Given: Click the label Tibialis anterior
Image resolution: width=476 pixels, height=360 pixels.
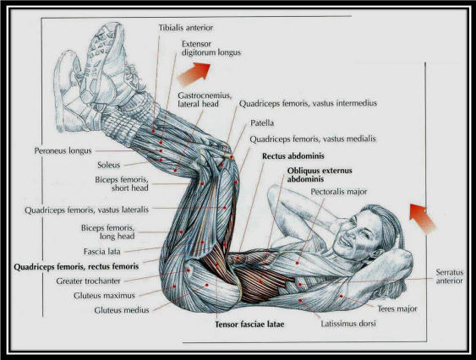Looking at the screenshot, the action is pyautogui.click(x=186, y=28).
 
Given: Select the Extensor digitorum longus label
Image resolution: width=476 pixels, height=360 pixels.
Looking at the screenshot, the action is pyautogui.click(x=211, y=48).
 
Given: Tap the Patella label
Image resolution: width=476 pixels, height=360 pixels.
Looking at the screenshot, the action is pyautogui.click(x=262, y=123).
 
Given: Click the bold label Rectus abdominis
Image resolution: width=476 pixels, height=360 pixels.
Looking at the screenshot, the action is pyautogui.click(x=293, y=156).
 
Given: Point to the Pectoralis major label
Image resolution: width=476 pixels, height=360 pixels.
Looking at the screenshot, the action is pyautogui.click(x=339, y=192).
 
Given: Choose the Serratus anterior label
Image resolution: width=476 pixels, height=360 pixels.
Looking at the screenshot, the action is pyautogui.click(x=450, y=276).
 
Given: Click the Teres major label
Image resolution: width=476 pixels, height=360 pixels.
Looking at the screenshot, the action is pyautogui.click(x=397, y=309).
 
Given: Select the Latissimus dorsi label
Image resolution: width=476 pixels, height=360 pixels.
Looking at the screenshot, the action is pyautogui.click(x=348, y=324).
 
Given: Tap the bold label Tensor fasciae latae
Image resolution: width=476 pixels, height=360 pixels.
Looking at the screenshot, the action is pyautogui.click(x=249, y=325).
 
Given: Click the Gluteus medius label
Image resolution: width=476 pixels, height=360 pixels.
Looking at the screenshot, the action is pyautogui.click(x=122, y=310).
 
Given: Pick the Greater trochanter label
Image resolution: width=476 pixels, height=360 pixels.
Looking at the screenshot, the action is pyautogui.click(x=88, y=281).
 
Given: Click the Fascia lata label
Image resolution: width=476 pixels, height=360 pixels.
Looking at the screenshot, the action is pyautogui.click(x=102, y=252).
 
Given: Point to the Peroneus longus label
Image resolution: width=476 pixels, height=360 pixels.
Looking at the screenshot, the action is pyautogui.click(x=63, y=151).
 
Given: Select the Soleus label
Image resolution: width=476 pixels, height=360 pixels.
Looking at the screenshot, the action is pyautogui.click(x=109, y=165).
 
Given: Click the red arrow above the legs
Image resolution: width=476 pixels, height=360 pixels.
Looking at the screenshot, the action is pyautogui.click(x=194, y=74).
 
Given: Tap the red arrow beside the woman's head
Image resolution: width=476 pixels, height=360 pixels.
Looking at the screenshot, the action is pyautogui.click(x=423, y=219).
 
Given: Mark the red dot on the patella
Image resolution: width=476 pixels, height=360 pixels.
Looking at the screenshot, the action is pyautogui.click(x=232, y=157).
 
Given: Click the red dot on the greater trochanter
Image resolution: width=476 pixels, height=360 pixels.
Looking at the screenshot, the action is pyautogui.click(x=189, y=270).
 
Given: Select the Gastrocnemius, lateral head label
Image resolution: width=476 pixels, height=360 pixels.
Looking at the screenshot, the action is pyautogui.click(x=205, y=100).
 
